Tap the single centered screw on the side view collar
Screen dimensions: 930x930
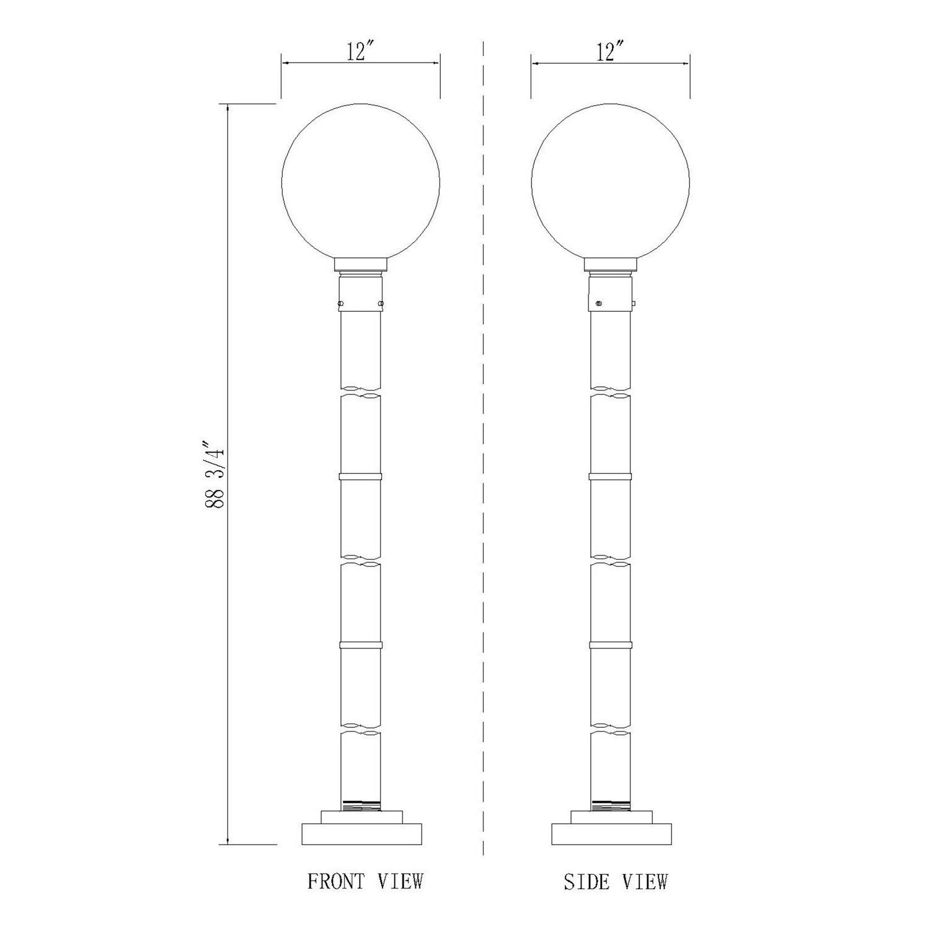point(599,303)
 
